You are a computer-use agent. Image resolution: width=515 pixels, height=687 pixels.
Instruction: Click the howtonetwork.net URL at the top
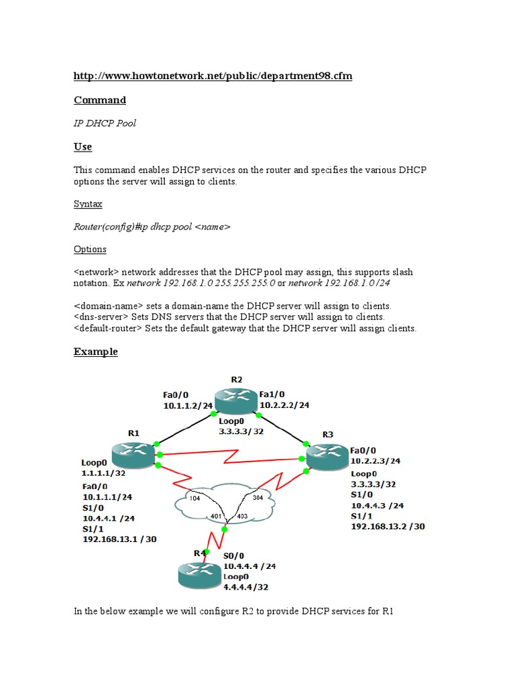[x=213, y=76]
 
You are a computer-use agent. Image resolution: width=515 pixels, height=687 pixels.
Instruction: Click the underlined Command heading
[x=99, y=100]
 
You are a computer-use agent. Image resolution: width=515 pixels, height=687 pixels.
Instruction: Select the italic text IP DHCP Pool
[x=105, y=123]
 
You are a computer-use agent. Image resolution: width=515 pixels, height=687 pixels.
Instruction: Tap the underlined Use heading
[x=82, y=146]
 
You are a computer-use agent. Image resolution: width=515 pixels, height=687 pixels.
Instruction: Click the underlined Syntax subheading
[x=88, y=203]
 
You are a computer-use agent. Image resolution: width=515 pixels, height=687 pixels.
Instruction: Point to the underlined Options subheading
[x=90, y=249]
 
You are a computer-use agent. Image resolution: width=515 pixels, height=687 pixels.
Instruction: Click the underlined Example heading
[x=95, y=352]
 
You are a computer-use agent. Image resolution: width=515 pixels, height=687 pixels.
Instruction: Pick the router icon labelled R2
[x=236, y=401]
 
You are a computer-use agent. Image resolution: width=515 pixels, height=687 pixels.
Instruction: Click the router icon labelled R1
[x=133, y=454]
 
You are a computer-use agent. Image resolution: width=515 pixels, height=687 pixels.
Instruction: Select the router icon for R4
[x=199, y=575]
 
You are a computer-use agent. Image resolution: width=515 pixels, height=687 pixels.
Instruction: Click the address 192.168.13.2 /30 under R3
[x=388, y=527]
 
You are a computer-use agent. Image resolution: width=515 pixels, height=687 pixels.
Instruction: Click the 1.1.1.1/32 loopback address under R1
[x=103, y=472]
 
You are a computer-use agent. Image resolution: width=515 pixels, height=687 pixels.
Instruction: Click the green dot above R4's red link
[x=225, y=529]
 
